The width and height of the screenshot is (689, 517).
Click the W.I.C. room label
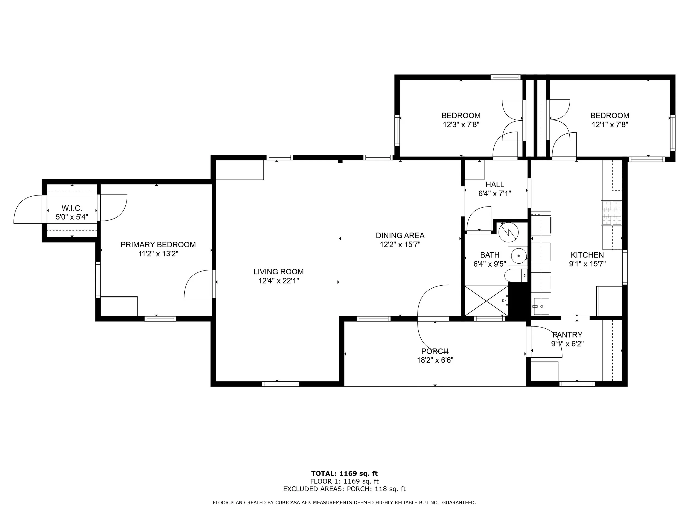(x=72, y=208)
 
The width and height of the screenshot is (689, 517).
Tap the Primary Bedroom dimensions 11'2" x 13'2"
(x=158, y=254)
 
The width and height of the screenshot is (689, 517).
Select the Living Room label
(x=278, y=272)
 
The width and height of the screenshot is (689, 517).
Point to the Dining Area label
(x=400, y=235)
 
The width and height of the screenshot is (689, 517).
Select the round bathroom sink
(x=518, y=256)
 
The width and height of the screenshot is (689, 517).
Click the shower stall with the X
(x=486, y=301)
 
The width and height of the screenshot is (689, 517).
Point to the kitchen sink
(x=541, y=306)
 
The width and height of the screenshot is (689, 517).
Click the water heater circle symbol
(x=508, y=232)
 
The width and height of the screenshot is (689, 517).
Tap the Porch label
(x=435, y=352)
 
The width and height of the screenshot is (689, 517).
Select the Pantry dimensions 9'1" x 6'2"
(x=567, y=344)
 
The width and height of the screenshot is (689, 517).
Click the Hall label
(x=495, y=184)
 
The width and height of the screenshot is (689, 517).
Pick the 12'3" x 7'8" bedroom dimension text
(x=461, y=125)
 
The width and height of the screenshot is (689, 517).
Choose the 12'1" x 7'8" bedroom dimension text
(x=610, y=125)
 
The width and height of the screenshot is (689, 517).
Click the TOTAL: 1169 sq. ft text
(x=344, y=474)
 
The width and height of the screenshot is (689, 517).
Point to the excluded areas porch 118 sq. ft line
(x=344, y=489)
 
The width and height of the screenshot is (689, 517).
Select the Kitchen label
(x=587, y=255)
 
